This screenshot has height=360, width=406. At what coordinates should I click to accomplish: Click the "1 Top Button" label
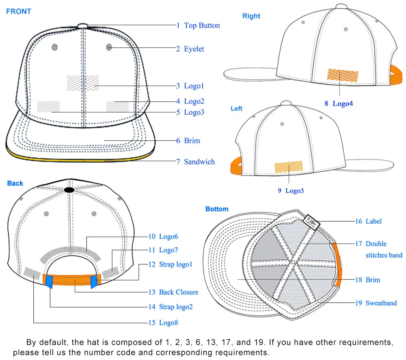point(198,26)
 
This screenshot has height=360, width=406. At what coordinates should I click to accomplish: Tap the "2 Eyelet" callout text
point(190,49)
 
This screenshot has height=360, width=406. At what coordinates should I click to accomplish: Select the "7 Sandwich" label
point(195,162)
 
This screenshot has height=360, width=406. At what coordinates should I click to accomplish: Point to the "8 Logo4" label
point(339,103)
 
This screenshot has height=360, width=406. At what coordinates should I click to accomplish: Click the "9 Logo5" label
point(291,190)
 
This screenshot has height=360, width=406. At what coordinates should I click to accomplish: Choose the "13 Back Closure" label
point(173,292)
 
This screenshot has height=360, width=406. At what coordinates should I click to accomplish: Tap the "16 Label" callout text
point(368,221)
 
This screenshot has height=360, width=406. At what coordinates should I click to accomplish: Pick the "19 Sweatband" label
point(376,303)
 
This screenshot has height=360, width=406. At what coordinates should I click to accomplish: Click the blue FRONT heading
point(19,11)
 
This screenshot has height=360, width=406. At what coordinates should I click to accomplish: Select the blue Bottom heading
point(217,209)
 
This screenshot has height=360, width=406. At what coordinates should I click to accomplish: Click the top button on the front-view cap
point(82,26)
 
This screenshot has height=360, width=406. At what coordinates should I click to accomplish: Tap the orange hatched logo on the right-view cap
point(343,75)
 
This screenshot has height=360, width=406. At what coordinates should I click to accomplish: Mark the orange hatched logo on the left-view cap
point(289,167)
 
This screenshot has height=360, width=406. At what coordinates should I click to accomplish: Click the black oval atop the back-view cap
point(69,190)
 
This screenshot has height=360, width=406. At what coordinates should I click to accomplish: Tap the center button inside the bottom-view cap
point(292,263)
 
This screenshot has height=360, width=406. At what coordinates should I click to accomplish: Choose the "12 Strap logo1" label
point(170,265)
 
